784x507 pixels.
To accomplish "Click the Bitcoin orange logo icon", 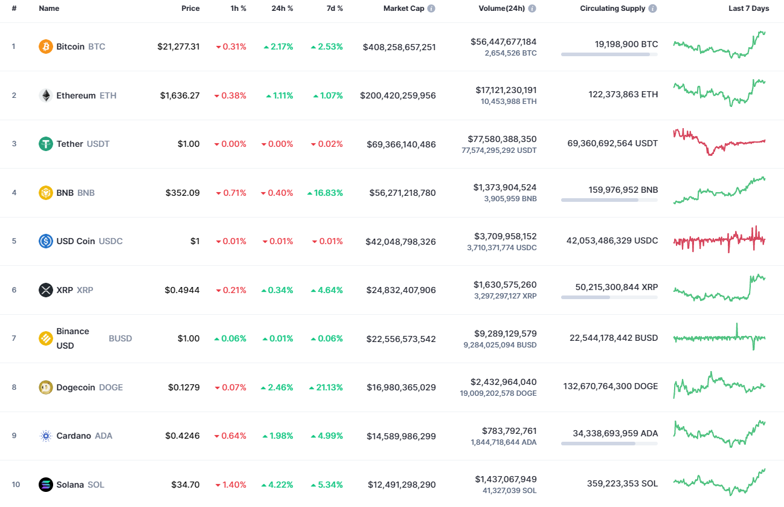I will [46, 47].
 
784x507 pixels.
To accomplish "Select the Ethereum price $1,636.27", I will [179, 95].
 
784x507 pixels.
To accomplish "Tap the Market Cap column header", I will [403, 8].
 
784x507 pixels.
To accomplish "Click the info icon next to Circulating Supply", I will [653, 9].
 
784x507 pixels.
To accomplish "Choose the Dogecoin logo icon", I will [46, 387].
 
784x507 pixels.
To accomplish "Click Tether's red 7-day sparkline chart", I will [719, 143].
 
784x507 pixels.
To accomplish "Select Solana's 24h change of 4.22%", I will [277, 485].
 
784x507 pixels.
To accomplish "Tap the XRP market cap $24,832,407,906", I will [400, 290].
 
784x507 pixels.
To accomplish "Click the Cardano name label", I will [74, 436].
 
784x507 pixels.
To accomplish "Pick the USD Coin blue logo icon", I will [46, 241].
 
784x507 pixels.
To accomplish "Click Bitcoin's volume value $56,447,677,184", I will [503, 42].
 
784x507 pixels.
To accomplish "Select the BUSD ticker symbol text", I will [120, 338].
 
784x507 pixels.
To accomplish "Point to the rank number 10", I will [16, 485].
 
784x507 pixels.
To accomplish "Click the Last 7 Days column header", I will [748, 8].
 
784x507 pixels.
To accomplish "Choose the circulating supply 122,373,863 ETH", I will [623, 94].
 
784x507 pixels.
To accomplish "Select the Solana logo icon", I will [46, 485].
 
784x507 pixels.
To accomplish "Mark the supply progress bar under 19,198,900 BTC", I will [609, 54].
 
